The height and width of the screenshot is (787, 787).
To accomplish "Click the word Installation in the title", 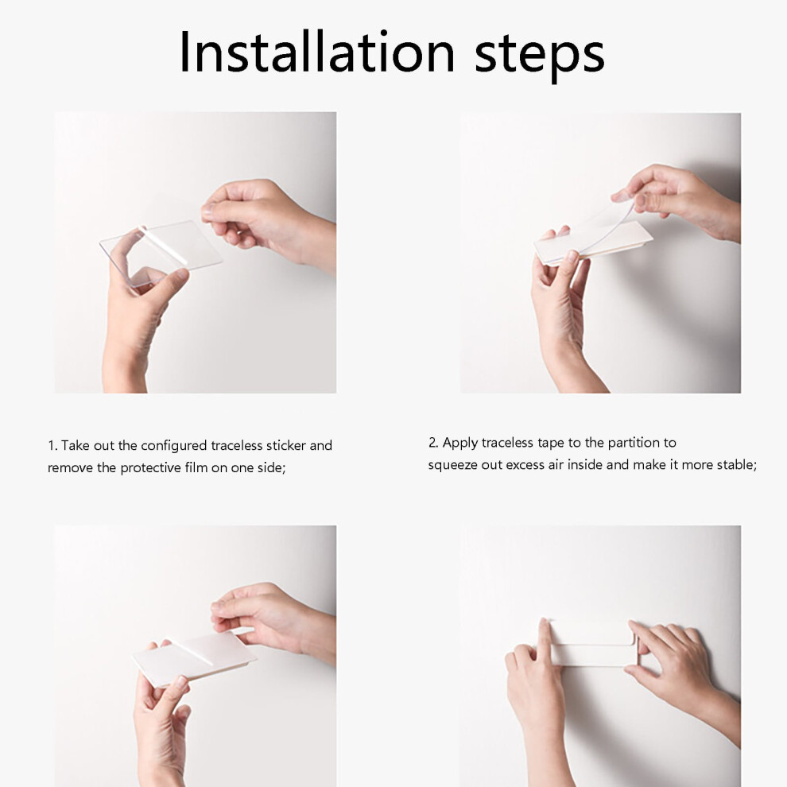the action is pos(316,52).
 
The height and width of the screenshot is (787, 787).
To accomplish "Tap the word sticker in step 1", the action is pos(286,445).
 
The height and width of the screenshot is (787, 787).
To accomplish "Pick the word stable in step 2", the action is pos(736,465).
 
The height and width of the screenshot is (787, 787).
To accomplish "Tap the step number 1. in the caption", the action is pos(52,446).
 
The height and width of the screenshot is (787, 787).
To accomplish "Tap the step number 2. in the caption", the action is pos(433,442).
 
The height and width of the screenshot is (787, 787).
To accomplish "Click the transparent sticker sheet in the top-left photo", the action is pos(161,251).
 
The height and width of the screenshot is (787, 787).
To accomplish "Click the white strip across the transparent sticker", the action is pos(163,246).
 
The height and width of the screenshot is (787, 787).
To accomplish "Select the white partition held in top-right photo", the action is pos(592,242).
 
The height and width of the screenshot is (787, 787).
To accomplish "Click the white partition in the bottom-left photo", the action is pos(194,657).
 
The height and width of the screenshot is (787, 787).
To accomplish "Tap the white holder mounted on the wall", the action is pos(592,643).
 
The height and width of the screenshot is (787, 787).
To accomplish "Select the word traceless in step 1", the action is pos(237,445).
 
